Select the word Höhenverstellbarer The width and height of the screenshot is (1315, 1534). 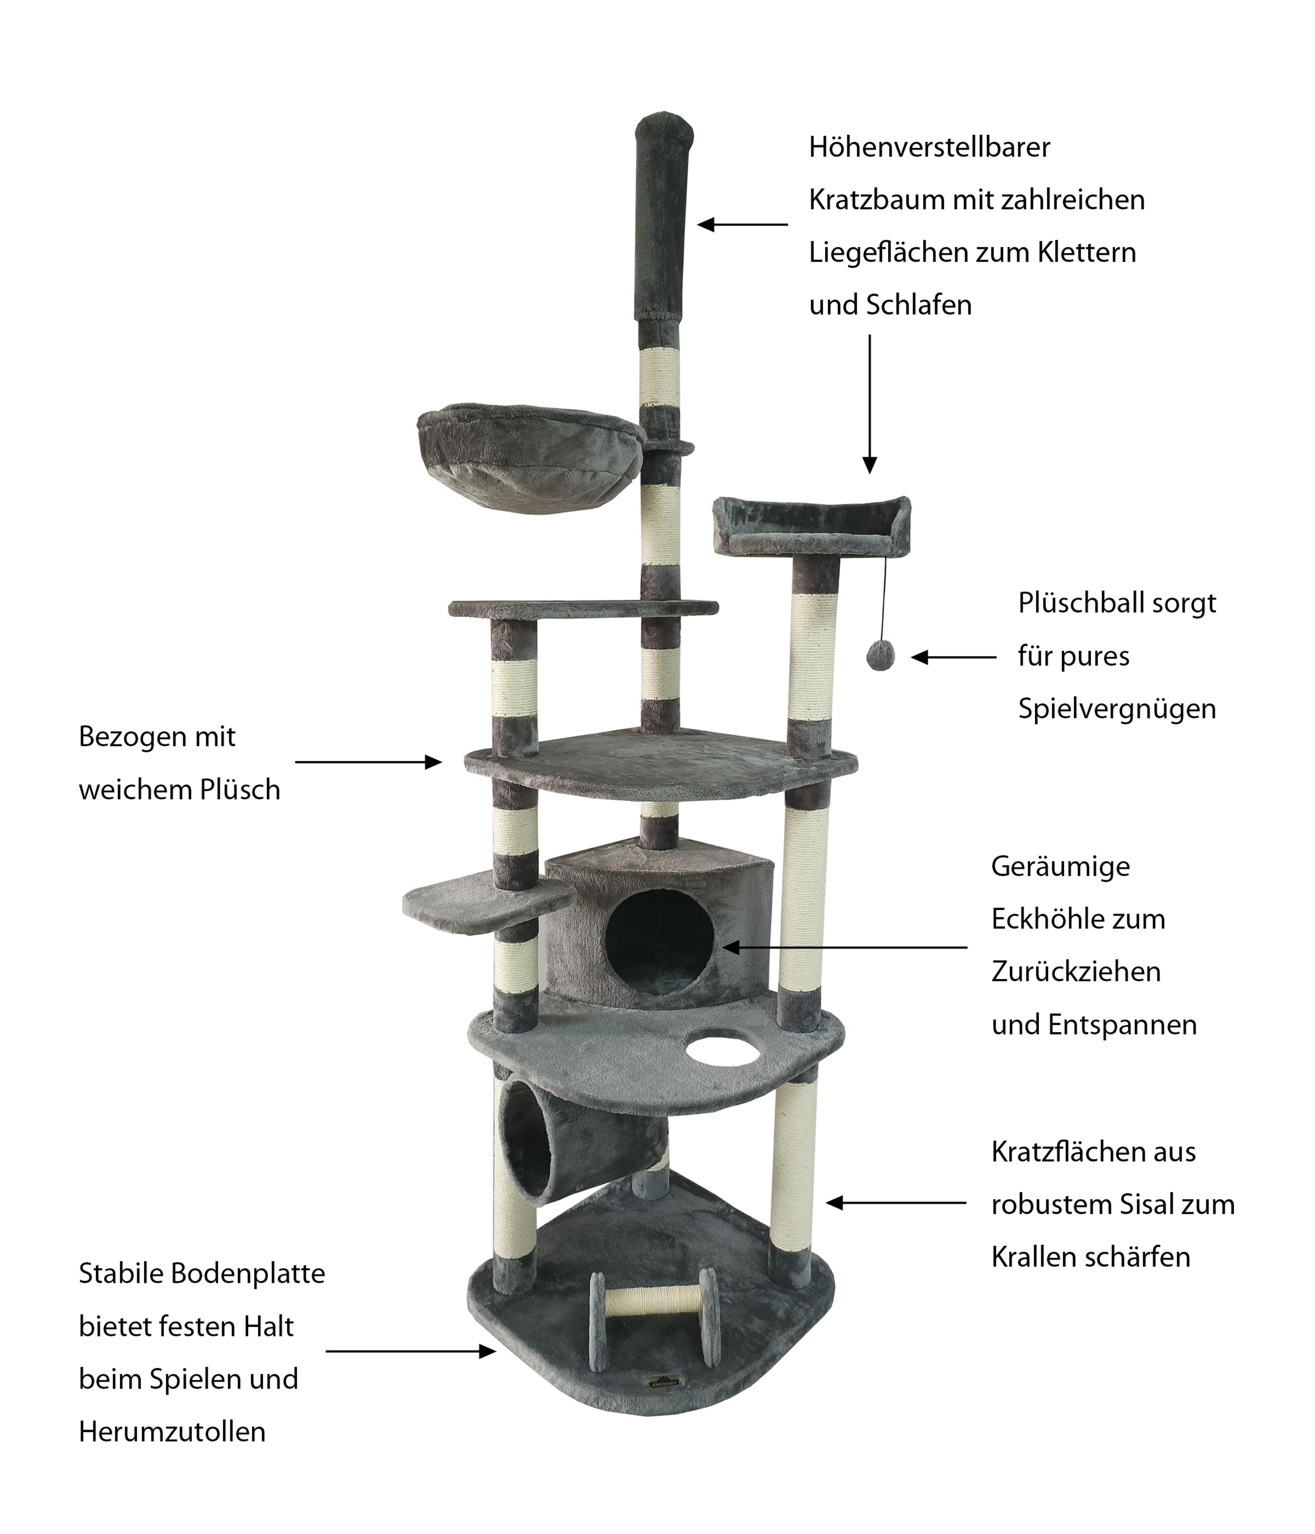[929, 147]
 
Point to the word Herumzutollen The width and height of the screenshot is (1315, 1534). [172, 1432]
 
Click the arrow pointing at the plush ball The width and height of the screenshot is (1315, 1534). [954, 657]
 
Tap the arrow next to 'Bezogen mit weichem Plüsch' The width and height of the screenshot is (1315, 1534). [368, 762]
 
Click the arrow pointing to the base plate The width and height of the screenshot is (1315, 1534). [410, 1351]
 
